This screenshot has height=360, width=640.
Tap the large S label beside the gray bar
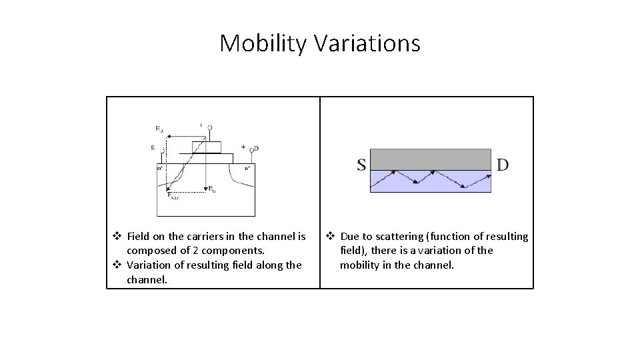point(361,164)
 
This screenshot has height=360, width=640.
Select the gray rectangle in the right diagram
point(431,159)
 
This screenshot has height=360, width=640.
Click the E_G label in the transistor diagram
point(212,189)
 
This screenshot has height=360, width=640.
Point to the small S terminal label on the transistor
point(153,147)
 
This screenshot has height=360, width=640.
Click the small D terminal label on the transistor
point(256,148)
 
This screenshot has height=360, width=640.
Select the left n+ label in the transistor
point(161,169)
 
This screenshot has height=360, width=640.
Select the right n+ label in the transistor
point(247,169)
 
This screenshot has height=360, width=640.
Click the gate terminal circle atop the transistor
point(210,127)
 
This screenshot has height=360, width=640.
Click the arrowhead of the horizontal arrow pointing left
point(167,135)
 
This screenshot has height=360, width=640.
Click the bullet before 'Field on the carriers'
point(117,237)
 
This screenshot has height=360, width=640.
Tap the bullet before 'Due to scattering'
point(330,237)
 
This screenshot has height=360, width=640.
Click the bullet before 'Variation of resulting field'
point(117,265)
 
